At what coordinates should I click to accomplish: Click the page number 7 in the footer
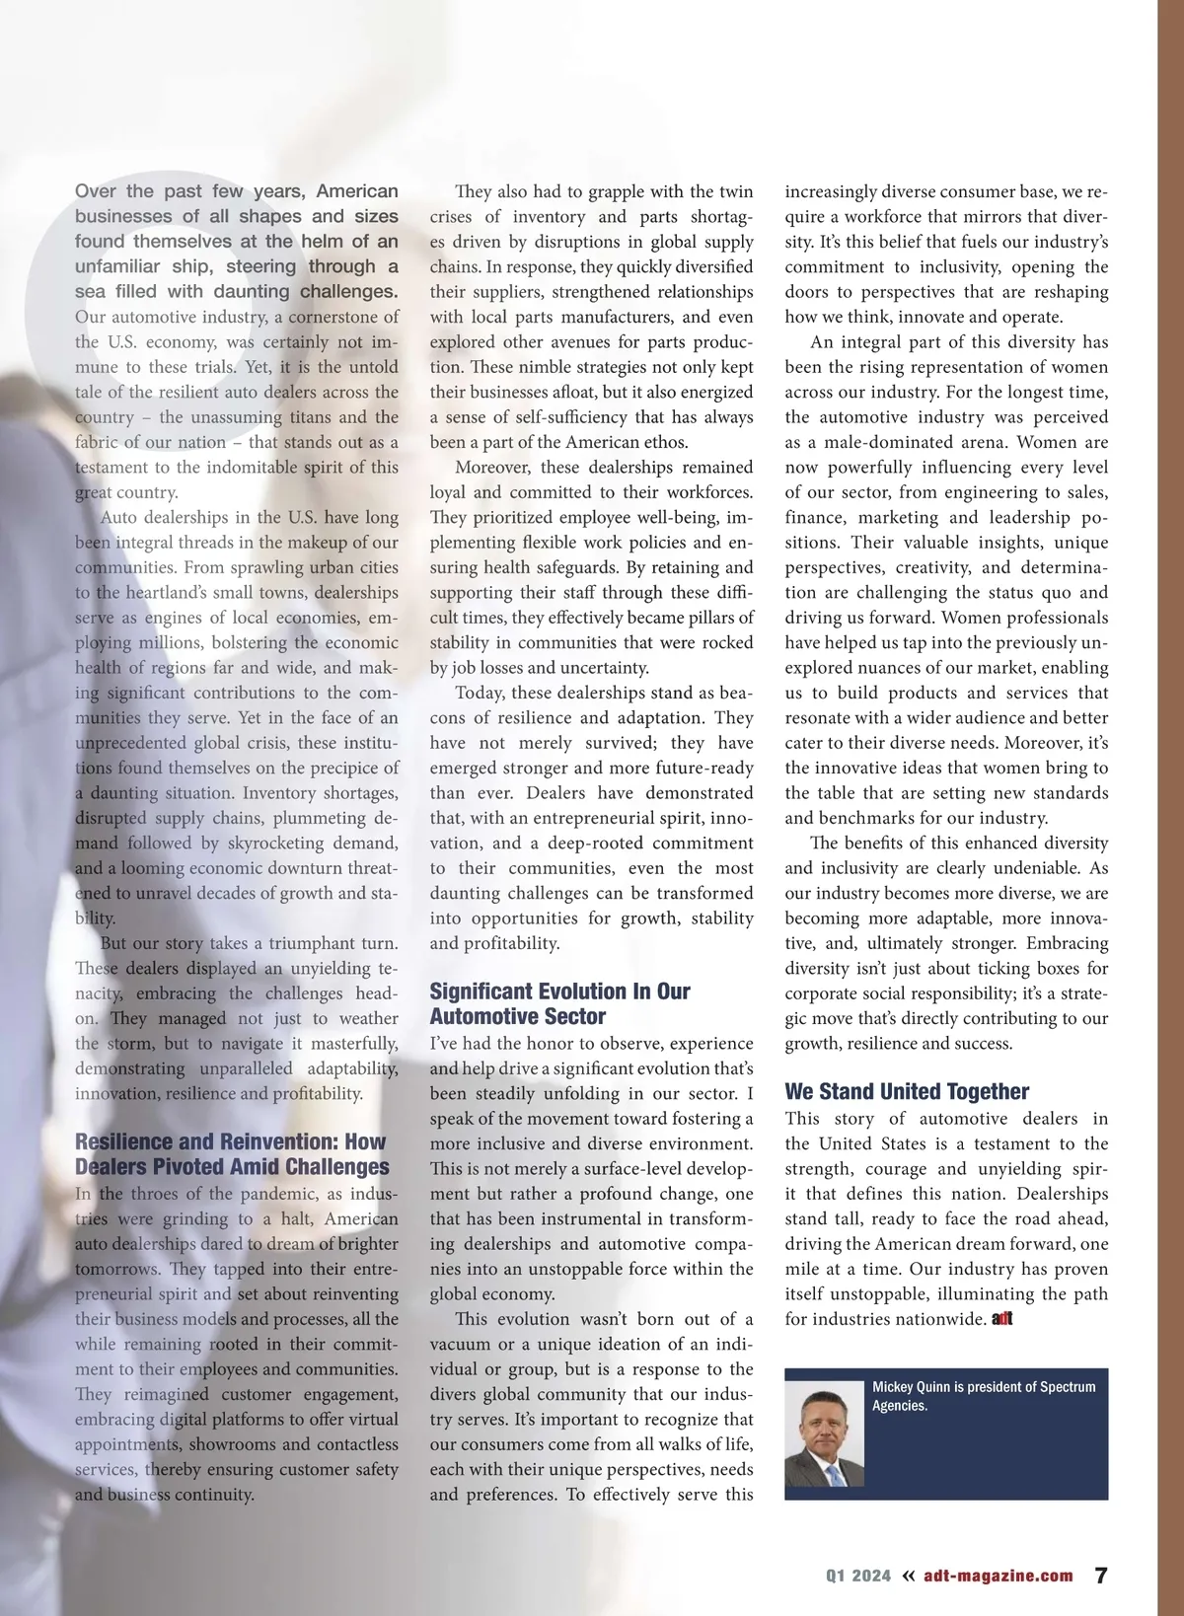[1101, 1576]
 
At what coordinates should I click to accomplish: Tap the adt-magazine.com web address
[999, 1577]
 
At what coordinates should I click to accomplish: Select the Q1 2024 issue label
[857, 1577]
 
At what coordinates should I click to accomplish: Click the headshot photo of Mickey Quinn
[824, 1437]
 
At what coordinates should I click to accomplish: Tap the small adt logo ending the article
[1002, 1319]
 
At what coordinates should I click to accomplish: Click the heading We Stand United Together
[906, 1091]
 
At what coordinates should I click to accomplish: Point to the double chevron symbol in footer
[909, 1576]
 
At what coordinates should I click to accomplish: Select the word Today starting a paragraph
[480, 693]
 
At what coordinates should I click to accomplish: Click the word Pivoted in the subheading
[181, 1167]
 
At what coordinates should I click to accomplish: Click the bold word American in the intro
[357, 191]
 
